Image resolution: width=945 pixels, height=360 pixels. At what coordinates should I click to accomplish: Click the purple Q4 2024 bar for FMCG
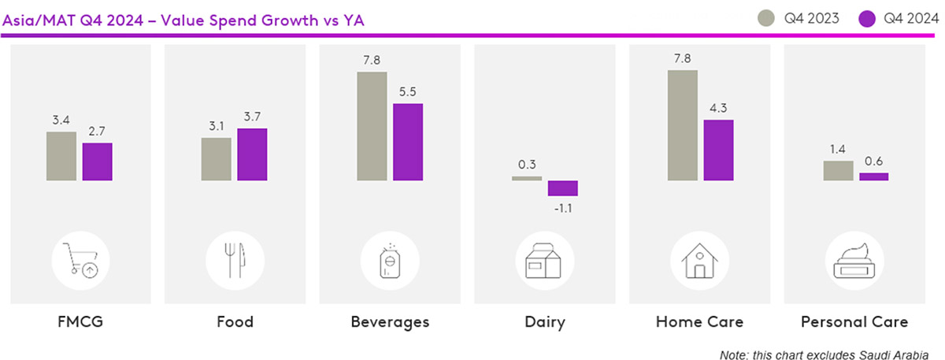pos(98,162)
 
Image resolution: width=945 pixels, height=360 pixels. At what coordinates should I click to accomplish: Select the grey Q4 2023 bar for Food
pos(216,160)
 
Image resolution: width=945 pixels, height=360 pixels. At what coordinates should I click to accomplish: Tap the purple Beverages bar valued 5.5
pos(408,143)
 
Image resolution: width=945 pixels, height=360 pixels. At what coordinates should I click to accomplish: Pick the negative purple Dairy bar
pos(563,188)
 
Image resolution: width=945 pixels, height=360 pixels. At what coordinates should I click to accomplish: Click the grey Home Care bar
pos(682,126)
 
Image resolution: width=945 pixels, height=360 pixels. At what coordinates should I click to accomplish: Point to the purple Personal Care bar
pos(873,177)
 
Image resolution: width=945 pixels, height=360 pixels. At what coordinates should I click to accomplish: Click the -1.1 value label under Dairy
pos(563,207)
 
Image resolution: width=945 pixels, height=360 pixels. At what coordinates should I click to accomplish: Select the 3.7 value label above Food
pos(252,117)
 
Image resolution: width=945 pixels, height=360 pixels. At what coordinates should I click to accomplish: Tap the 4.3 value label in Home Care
pos(718,109)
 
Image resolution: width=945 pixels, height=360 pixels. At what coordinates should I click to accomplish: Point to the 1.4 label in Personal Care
pos(837,149)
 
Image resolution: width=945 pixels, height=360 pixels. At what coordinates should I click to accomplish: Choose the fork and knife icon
pos(234,260)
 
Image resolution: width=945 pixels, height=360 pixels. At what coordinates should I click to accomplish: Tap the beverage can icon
pos(389,260)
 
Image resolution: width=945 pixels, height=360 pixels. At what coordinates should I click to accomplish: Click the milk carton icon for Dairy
pos(544,260)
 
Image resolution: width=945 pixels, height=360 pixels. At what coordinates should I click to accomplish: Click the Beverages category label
pos(389,322)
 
